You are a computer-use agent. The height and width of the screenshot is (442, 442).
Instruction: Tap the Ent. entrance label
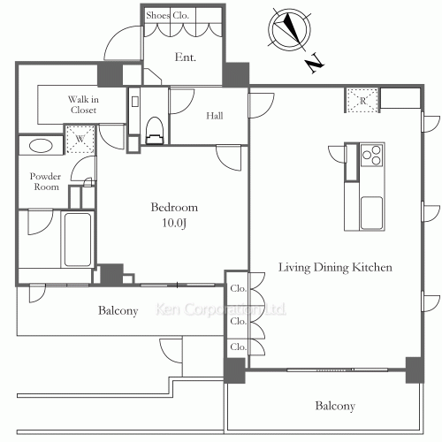pyautogui.click(x=186, y=58)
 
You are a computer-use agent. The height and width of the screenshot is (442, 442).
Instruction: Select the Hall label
pyautogui.click(x=215, y=116)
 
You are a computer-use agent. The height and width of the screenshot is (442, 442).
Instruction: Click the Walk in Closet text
pyautogui.click(x=83, y=105)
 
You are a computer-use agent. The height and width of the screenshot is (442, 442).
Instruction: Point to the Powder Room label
pyautogui.click(x=46, y=181)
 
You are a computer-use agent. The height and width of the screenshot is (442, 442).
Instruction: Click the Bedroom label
pyautogui.click(x=174, y=207)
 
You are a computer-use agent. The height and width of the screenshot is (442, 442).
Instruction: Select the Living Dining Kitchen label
pyautogui.click(x=335, y=266)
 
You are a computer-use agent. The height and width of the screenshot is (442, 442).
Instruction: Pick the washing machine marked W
pyautogui.click(x=80, y=139)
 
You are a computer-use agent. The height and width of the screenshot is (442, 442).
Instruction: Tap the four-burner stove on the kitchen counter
pyautogui.click(x=373, y=156)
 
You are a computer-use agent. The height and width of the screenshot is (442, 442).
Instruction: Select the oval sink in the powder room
pyautogui.click(x=40, y=147)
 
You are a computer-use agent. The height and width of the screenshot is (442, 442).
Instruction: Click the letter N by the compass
pyautogui.click(x=315, y=64)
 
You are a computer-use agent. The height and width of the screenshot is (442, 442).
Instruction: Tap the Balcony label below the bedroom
pyautogui.click(x=118, y=310)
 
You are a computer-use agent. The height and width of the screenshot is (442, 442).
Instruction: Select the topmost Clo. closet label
pyautogui.click(x=238, y=289)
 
